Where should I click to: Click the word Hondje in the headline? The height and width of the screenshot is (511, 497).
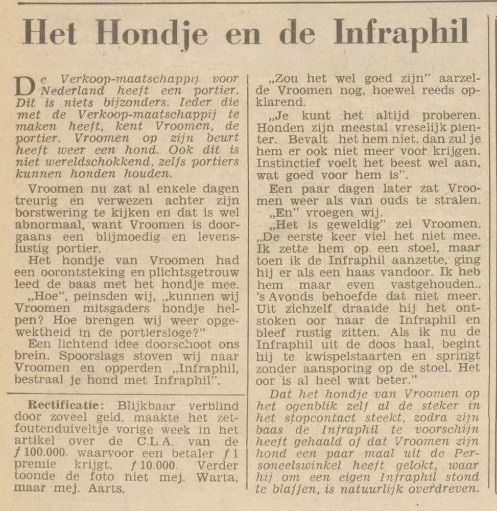point(151,34)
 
